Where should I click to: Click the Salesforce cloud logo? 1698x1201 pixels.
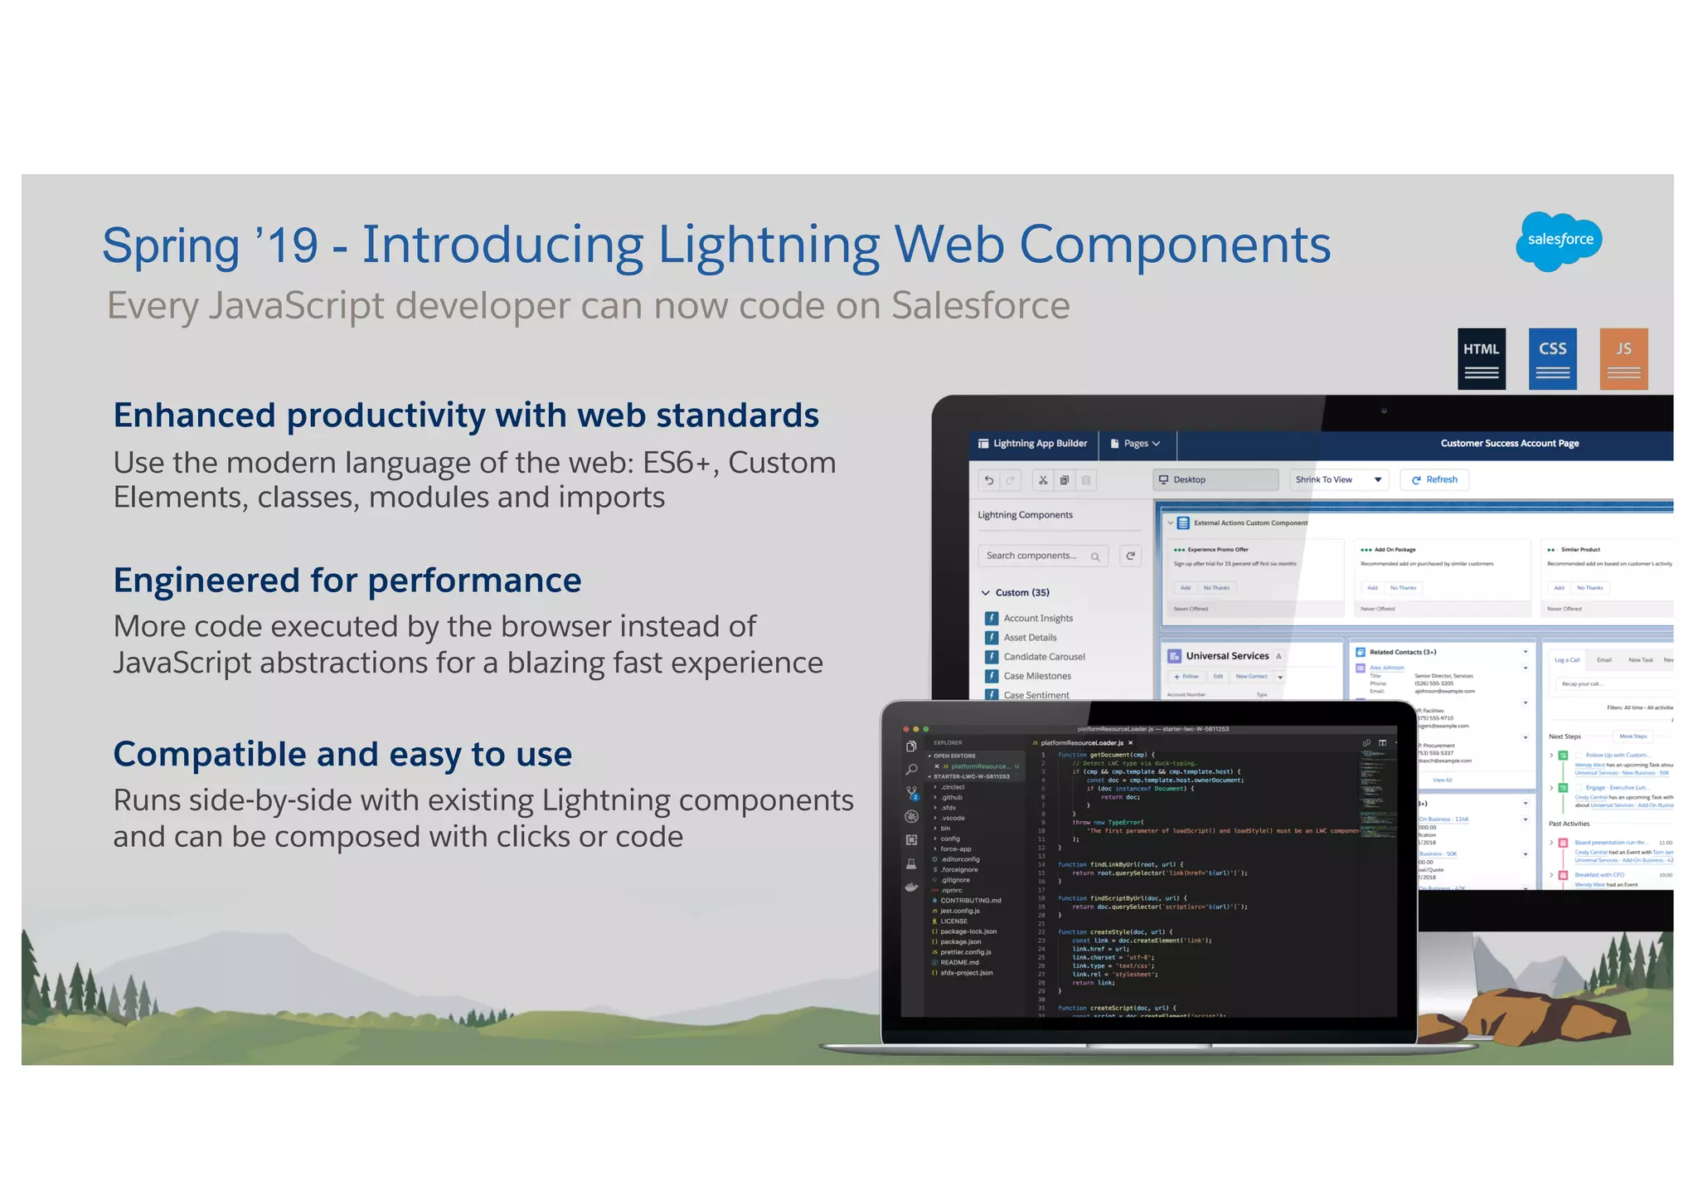coord(1559,241)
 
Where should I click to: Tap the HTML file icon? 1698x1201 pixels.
coord(1482,359)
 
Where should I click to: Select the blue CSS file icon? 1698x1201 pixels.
coord(1552,359)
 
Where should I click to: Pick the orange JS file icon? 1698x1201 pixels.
coord(1623,359)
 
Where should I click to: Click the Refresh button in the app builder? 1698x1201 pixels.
coord(1434,479)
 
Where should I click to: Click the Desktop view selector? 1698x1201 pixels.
coord(1215,479)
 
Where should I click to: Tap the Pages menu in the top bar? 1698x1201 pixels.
coord(1136,444)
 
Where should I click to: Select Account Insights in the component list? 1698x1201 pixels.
coord(1037,619)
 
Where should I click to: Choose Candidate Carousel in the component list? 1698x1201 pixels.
coord(1043,657)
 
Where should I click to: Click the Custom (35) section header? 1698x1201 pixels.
coord(1021,593)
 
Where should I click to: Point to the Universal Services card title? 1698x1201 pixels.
coord(1226,656)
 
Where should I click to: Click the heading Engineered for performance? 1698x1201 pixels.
coord(347,581)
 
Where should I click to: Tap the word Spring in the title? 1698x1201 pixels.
coord(171,246)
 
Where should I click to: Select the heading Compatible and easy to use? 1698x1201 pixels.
coord(342,755)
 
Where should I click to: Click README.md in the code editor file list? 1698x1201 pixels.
coord(959,963)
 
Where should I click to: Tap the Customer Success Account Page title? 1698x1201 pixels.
coord(1509,444)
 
